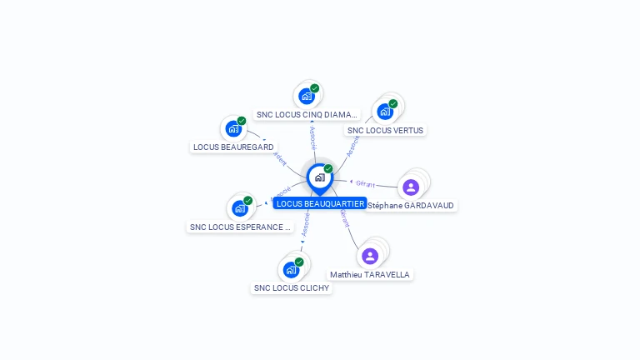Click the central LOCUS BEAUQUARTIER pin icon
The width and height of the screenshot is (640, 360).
(319, 177)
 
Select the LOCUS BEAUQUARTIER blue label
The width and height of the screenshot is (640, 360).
(320, 203)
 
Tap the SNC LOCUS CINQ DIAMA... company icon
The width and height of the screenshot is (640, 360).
(307, 97)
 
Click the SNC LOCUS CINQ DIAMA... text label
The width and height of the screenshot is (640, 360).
(307, 114)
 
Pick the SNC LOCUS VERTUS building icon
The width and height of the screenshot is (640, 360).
(384, 111)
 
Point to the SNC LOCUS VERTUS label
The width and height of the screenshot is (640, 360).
(385, 130)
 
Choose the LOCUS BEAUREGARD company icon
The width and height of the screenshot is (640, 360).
(233, 129)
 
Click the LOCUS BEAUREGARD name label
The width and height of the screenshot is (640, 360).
(233, 147)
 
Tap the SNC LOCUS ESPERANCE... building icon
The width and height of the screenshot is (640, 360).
(240, 208)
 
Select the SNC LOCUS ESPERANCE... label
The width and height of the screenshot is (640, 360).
(240, 227)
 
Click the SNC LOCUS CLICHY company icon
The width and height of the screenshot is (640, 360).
(291, 269)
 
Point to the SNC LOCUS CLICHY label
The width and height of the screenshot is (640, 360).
(291, 288)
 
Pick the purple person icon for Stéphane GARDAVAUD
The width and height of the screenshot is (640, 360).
(411, 187)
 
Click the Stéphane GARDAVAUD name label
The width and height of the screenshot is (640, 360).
(412, 205)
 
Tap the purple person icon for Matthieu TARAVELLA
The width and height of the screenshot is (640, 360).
(370, 256)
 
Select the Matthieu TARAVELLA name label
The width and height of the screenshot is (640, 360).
(370, 274)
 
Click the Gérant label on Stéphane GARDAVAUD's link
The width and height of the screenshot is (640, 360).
(365, 183)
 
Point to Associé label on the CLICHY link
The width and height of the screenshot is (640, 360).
(306, 225)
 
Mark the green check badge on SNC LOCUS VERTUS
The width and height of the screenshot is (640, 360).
(392, 104)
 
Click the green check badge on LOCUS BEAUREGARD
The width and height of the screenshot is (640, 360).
(242, 122)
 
